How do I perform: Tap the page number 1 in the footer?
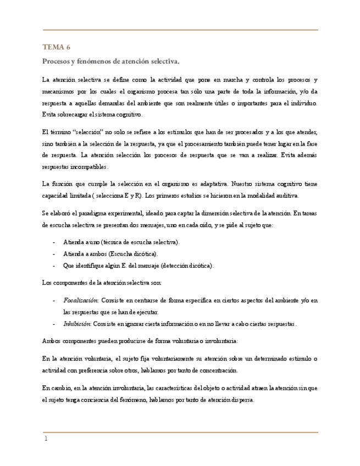47,440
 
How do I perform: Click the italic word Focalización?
80,301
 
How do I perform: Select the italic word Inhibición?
77,324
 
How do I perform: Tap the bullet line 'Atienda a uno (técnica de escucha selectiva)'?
121,242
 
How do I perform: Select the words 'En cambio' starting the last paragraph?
56,388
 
